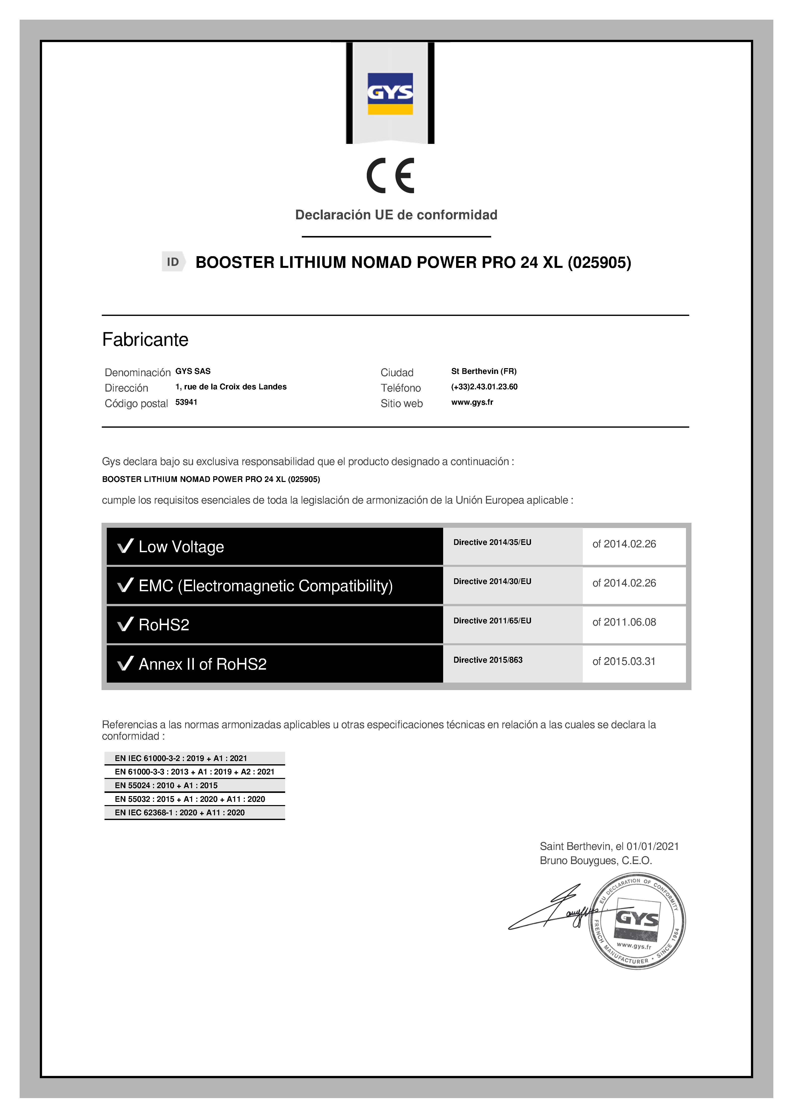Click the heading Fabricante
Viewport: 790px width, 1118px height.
145,339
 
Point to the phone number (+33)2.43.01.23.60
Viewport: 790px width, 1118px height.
484,387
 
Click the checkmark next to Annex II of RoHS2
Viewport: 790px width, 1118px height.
125,663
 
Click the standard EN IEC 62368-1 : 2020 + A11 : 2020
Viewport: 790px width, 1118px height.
180,813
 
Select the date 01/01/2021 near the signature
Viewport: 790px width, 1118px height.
652,846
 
